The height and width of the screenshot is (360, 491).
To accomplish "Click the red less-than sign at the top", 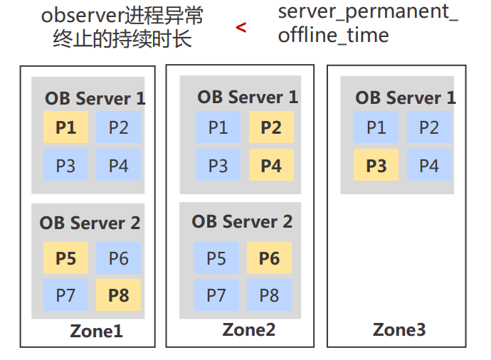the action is point(241,28).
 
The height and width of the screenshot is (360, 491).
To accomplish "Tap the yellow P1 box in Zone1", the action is point(65,128).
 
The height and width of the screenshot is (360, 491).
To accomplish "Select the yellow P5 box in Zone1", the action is point(65,258).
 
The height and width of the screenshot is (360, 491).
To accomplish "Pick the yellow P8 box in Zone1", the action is point(119,295).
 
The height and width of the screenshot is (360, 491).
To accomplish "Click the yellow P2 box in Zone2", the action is point(270,127).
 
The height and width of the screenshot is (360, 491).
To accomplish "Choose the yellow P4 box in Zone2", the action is point(270,166).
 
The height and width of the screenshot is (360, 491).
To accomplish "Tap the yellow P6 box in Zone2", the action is point(269,257).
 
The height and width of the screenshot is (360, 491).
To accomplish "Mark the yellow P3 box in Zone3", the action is point(376,166).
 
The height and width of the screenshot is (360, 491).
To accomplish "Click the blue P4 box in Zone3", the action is point(429,166).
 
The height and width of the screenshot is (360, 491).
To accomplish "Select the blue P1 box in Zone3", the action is point(376,128).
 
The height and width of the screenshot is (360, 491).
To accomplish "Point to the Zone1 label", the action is point(96,331).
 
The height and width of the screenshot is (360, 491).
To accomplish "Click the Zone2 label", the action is point(248,329).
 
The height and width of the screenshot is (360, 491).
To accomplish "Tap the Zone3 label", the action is point(399,329).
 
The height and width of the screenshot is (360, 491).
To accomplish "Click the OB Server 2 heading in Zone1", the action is point(90,223).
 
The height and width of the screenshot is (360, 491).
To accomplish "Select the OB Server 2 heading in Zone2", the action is point(242,221).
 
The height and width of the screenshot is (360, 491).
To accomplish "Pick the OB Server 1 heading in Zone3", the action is point(406,97).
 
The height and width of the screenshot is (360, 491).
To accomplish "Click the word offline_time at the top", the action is point(334,36).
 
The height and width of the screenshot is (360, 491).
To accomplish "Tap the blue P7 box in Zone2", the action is point(216,295).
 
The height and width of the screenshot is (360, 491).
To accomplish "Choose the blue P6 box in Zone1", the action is point(119,258).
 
